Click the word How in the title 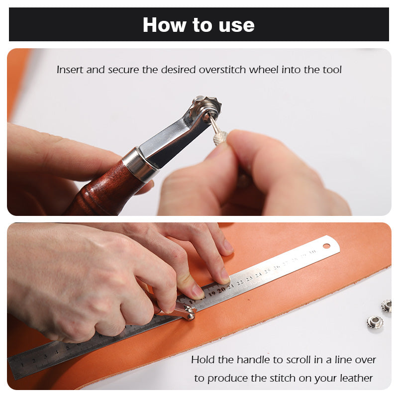coord(164,25)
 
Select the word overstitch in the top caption coord(222,70)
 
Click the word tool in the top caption coord(332,70)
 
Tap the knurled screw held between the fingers coord(220,137)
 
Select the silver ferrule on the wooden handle coord(139,164)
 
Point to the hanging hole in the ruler coord(326,246)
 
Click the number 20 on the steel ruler coord(221,290)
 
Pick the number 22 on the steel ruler coord(240,282)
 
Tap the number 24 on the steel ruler coord(258,275)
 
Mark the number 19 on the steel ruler coord(212,294)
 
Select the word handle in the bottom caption coord(251,360)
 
